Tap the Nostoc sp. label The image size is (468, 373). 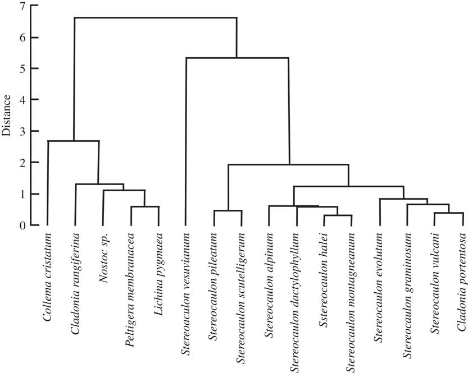pos(103,255)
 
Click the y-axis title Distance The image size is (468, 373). pos(7,115)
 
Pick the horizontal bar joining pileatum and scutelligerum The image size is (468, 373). pos(228,211)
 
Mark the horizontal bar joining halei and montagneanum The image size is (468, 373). pos(338,215)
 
